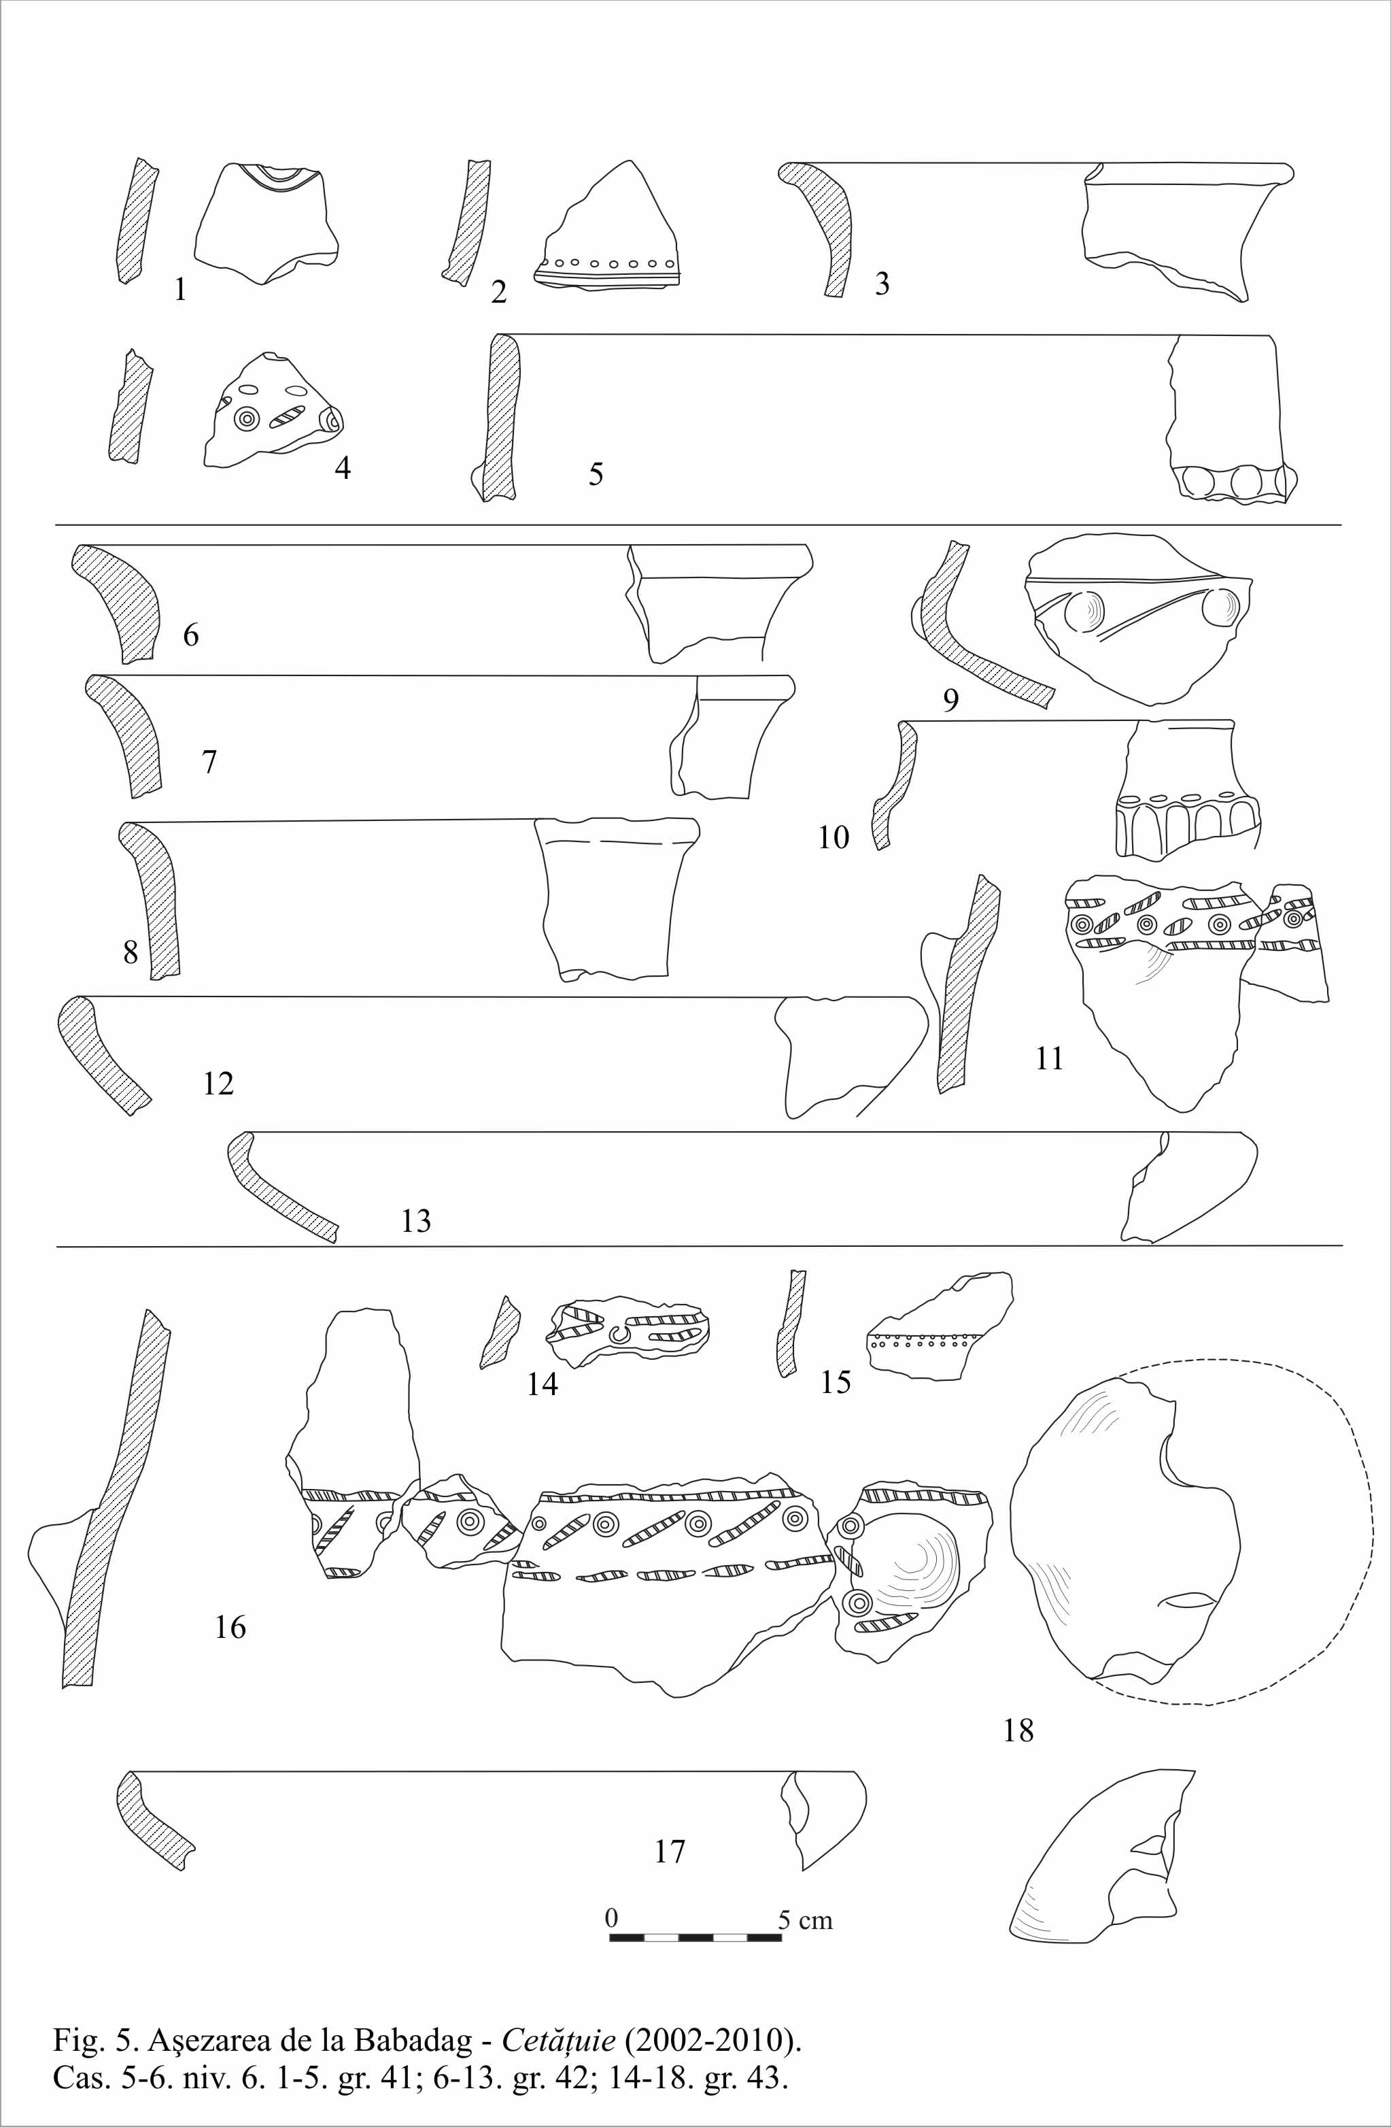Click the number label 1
click(180, 290)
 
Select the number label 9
click(950, 701)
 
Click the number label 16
click(230, 1628)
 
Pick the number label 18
click(1018, 1731)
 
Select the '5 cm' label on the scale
click(806, 1919)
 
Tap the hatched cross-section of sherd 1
click(137, 221)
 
